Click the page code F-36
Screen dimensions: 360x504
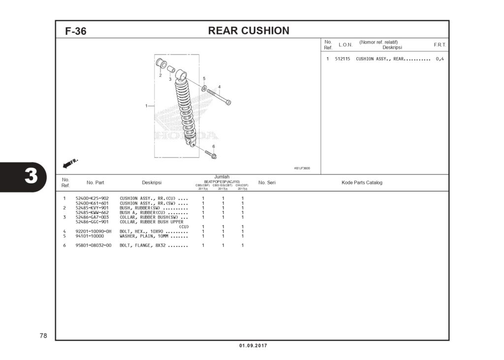(x=76, y=31)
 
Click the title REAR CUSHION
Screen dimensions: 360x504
(x=249, y=30)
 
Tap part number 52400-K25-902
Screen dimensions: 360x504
(x=92, y=198)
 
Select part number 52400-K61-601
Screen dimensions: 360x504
(x=92, y=203)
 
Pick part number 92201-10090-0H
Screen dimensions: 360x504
(x=94, y=231)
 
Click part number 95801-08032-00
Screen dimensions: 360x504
(x=94, y=245)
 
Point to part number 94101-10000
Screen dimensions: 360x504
(x=90, y=236)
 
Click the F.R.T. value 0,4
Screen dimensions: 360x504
(x=440, y=59)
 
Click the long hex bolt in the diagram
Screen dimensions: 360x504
(x=219, y=96)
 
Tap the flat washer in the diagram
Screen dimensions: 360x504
(x=204, y=88)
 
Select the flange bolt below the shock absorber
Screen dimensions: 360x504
(x=211, y=154)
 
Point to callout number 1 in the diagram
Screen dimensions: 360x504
(x=146, y=106)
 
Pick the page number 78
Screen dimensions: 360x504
(x=43, y=336)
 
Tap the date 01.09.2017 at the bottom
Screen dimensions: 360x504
(x=253, y=346)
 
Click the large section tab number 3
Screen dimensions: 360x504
(x=31, y=176)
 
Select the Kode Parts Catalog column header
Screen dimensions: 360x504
(x=362, y=182)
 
